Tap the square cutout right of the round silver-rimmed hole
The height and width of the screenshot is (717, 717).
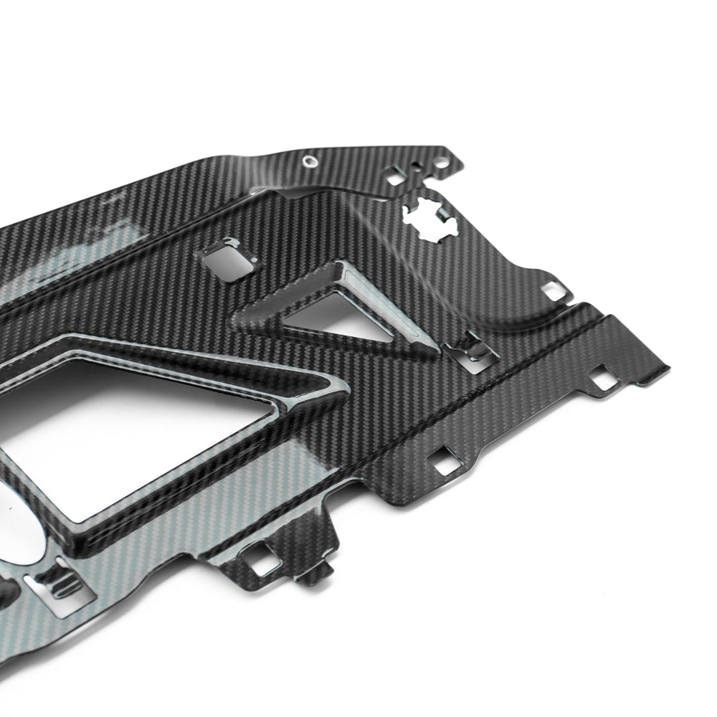[394, 173]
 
